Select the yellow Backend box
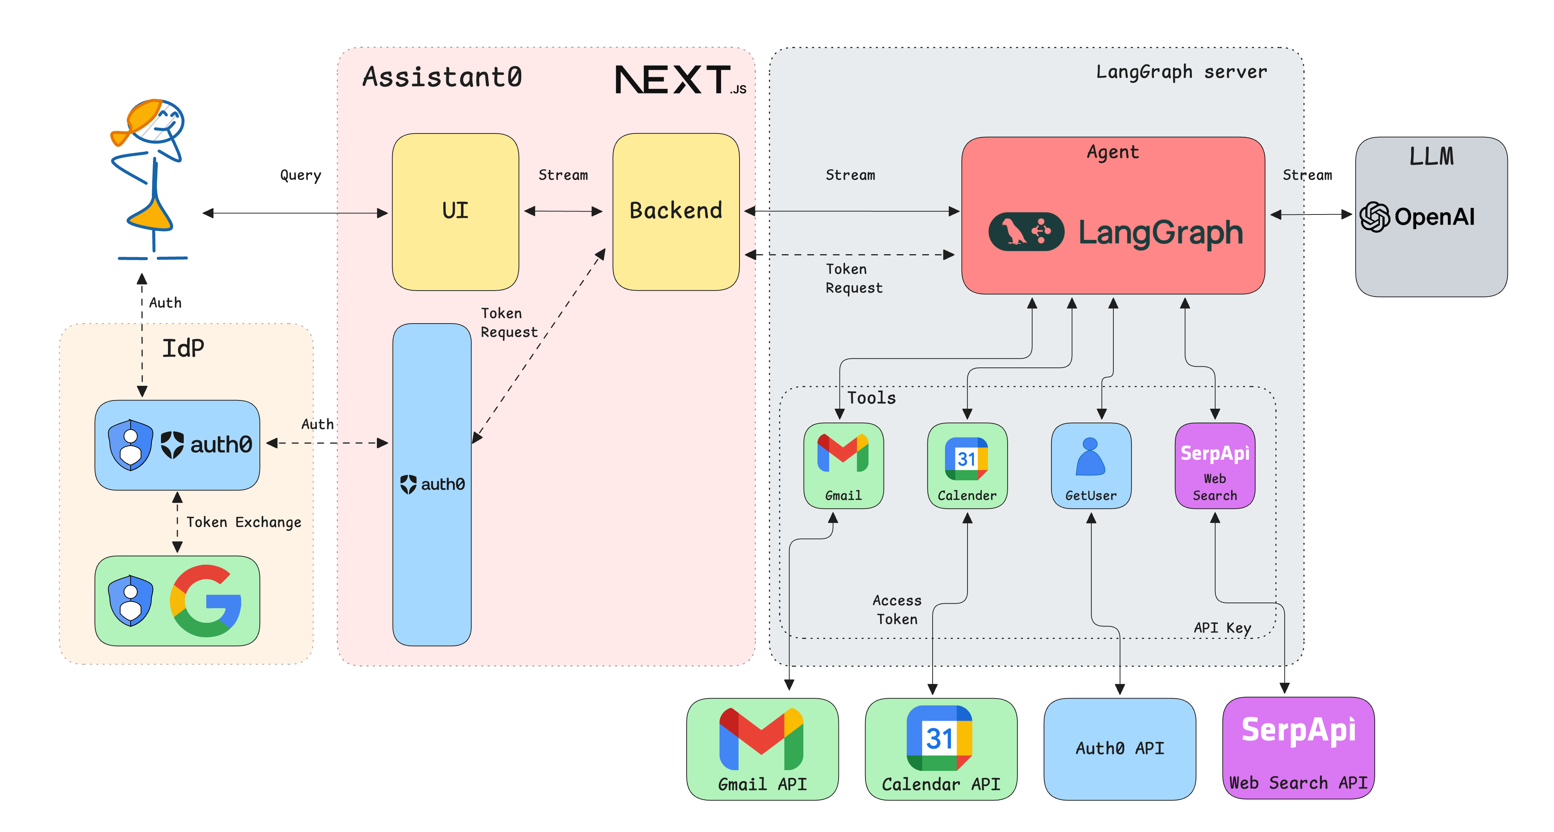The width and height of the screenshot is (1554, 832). [x=676, y=211]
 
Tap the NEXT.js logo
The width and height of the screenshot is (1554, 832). [x=679, y=80]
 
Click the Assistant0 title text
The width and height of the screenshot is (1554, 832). [x=442, y=77]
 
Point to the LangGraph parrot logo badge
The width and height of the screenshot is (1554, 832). [x=1026, y=231]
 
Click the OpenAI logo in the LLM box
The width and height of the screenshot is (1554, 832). [x=1417, y=217]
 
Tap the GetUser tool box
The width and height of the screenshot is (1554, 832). [x=1091, y=465]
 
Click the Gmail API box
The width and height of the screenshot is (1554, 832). [x=762, y=749]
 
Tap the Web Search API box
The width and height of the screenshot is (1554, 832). [x=1298, y=749]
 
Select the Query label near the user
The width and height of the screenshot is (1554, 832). [x=300, y=175]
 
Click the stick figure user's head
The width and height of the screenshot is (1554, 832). [x=158, y=121]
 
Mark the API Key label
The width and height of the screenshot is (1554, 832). [x=1222, y=628]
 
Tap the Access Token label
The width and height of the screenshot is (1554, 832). [x=897, y=609]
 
